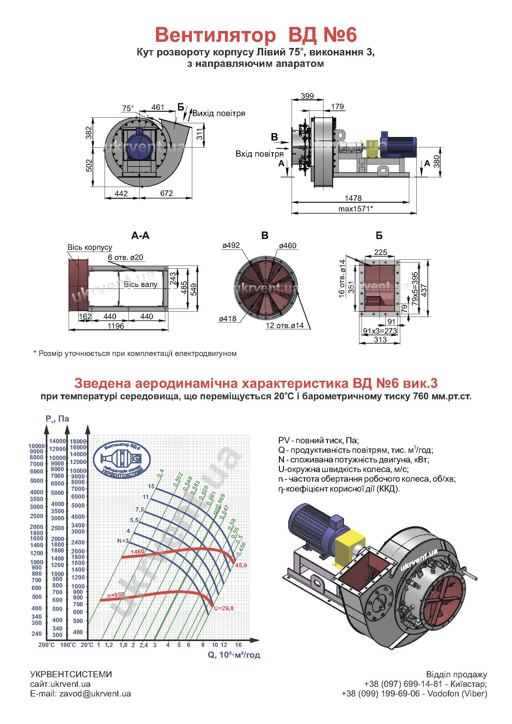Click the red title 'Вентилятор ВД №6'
[x=256, y=35]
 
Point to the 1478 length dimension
[x=353, y=198]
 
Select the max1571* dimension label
[x=355, y=209]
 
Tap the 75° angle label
[x=128, y=108]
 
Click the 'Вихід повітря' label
[x=219, y=113]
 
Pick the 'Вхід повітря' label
[x=259, y=154]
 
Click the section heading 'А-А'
[x=140, y=236]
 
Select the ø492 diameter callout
[x=231, y=245]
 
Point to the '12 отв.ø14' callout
[x=284, y=326]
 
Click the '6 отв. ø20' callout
[x=125, y=257]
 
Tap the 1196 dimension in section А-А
[x=116, y=326]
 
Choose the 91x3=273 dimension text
[x=380, y=331]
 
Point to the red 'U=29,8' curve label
[x=223, y=608]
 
